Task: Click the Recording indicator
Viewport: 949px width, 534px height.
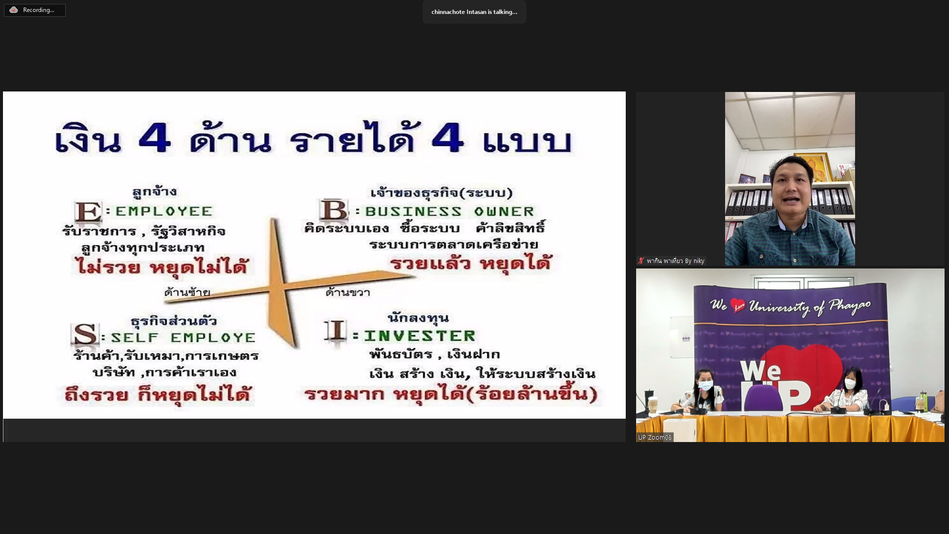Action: [35, 10]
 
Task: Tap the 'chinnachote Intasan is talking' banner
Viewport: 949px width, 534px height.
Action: [474, 12]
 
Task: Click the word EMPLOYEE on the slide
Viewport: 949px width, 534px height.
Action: [164, 212]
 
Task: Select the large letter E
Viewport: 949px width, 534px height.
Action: [88, 212]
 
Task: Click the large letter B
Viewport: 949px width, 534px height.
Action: [334, 211]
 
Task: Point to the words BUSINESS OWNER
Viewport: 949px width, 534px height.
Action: [450, 212]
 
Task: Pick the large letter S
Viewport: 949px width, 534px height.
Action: [85, 335]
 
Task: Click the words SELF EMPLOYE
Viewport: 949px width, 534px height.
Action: [183, 338]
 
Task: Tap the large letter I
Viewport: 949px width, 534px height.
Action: [337, 331]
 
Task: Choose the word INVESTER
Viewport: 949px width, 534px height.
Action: [420, 336]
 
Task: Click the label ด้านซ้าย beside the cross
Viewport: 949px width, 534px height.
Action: [187, 292]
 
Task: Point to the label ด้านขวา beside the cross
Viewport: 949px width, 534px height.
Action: [348, 292]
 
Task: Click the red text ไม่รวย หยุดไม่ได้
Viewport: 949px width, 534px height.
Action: [161, 266]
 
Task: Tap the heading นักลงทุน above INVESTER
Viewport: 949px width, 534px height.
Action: [418, 317]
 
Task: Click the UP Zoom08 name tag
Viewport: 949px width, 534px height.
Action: [654, 437]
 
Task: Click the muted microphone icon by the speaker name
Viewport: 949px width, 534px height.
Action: [641, 261]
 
